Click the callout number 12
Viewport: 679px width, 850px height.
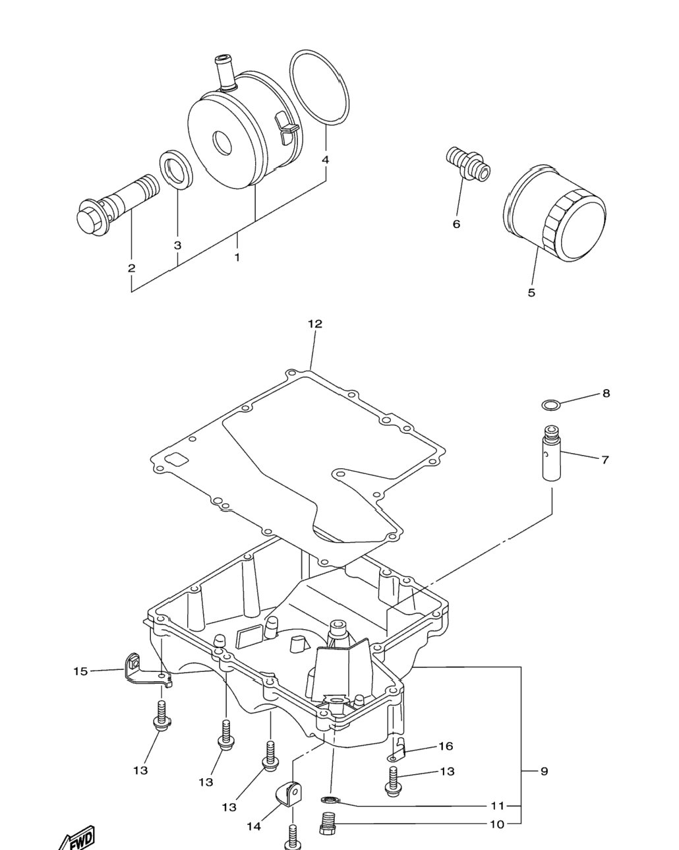point(315,324)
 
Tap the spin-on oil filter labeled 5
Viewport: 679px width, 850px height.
point(554,213)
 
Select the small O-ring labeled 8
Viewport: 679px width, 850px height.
point(550,405)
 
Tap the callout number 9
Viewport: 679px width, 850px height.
point(544,771)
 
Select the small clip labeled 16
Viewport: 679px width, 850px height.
point(397,750)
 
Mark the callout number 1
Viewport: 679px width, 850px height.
point(237,258)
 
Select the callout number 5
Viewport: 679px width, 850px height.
point(531,293)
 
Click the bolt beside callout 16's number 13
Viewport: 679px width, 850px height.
point(394,781)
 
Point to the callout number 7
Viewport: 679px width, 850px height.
point(605,460)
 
